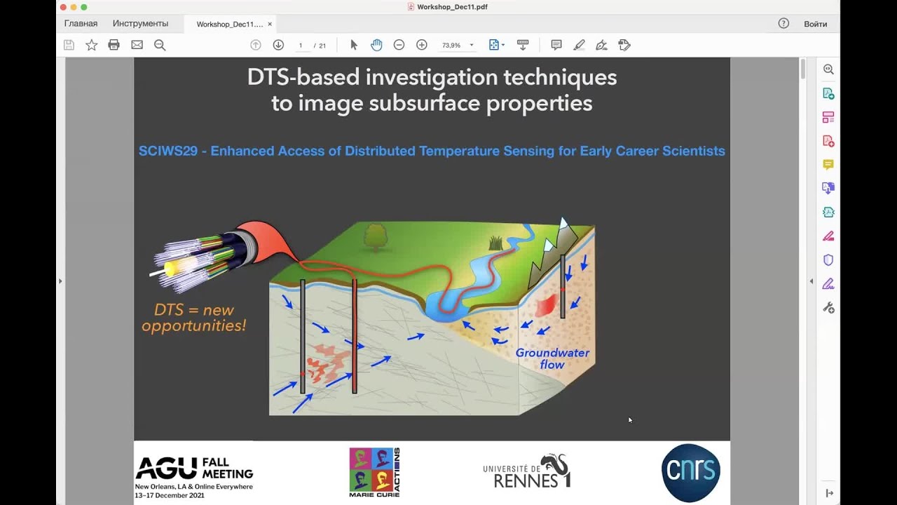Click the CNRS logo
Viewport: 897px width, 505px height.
pos(690,472)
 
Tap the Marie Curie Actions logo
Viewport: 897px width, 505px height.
pos(374,472)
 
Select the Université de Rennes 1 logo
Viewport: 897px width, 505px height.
pos(527,472)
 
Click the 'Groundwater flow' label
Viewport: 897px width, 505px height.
pos(552,358)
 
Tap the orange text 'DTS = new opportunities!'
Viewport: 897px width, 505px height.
pos(194,318)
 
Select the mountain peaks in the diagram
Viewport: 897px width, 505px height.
pos(556,245)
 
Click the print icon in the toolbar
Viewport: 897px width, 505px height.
pos(114,45)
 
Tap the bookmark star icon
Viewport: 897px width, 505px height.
pos(91,45)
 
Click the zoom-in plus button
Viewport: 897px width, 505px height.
pos(422,45)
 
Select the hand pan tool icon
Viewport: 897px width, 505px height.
pos(376,45)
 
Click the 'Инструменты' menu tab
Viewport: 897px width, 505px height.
pos(140,23)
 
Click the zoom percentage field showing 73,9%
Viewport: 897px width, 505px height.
pos(451,45)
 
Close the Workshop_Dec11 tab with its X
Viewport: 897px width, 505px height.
pos(270,24)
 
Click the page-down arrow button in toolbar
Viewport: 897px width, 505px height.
pos(278,45)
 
